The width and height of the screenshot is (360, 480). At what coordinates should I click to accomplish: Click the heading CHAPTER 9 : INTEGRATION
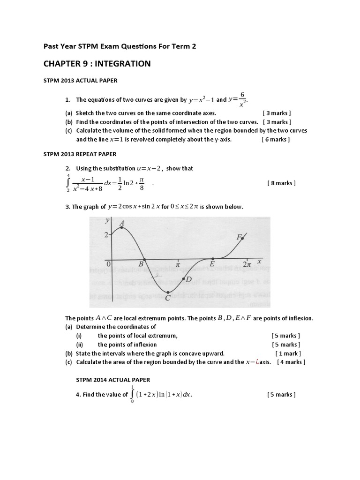point(97,64)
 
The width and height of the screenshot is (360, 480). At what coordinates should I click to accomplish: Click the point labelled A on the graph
point(122,227)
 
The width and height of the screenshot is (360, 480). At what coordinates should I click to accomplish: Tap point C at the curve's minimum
point(168,292)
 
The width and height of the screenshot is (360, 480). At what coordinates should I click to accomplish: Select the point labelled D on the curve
point(183,279)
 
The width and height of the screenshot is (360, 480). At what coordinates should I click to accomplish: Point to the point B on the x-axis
point(144,259)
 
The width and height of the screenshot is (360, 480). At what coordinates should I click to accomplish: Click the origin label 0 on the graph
point(108,264)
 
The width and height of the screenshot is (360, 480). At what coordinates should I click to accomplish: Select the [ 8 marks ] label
point(281,183)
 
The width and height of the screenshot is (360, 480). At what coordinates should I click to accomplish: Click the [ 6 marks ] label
point(276,139)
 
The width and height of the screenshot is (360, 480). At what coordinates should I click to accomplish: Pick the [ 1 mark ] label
point(288,353)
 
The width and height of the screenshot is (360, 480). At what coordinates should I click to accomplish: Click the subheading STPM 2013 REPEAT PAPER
point(80,154)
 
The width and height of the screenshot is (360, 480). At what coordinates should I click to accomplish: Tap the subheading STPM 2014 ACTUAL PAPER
point(113,379)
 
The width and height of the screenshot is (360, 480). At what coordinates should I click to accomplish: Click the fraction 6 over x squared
point(242,100)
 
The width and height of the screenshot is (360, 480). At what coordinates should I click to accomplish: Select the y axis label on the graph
point(108,220)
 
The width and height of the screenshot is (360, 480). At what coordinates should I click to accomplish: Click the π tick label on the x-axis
point(178,265)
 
